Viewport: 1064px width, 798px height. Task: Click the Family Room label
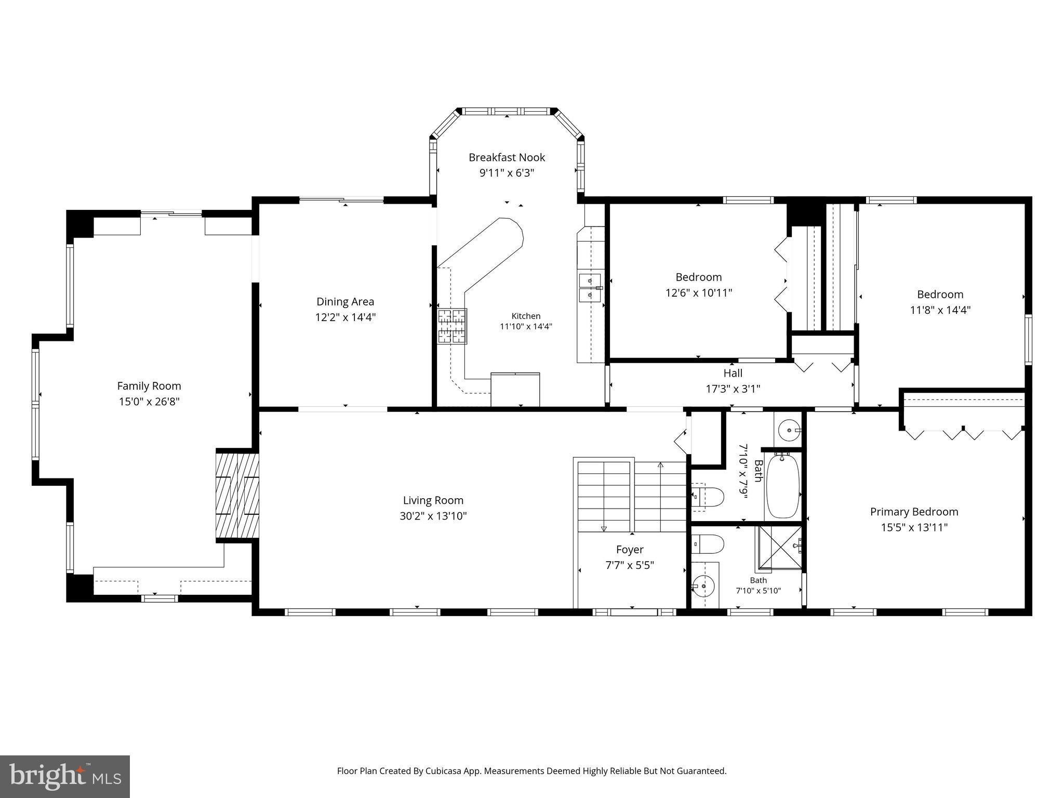[x=149, y=386]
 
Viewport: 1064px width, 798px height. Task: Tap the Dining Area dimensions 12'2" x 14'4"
[x=345, y=317]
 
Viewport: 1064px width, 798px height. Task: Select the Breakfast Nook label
[x=507, y=157]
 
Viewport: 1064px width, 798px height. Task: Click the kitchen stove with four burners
[x=452, y=326]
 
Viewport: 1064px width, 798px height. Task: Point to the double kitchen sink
[x=590, y=288]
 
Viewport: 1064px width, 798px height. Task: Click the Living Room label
[x=433, y=500]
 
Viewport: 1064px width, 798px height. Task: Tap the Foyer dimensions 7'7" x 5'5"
[x=630, y=565]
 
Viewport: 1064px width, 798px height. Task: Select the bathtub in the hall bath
[x=783, y=486]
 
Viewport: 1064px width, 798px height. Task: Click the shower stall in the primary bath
[x=778, y=548]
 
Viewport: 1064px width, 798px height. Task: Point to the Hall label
[x=733, y=373]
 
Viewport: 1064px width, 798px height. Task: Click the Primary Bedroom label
[x=914, y=512]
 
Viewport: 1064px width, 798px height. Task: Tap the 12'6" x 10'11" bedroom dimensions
[x=699, y=292]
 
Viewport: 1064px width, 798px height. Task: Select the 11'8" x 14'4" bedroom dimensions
[x=940, y=310]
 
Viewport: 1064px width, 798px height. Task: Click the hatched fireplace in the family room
[x=237, y=496]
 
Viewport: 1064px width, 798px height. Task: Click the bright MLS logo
[x=65, y=776]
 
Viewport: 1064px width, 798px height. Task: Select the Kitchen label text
[x=526, y=316]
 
